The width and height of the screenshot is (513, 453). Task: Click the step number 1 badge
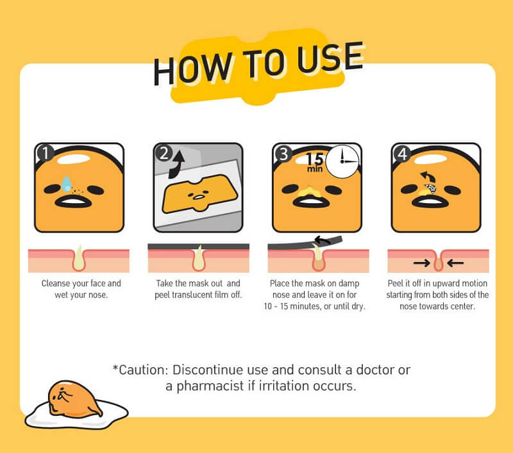pos(46,152)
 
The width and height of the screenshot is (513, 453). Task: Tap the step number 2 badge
pos(164,152)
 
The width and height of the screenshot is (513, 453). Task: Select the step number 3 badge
pos(283,154)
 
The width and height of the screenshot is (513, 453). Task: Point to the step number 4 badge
pos(403,154)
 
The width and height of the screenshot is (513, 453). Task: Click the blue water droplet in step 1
pos(67,183)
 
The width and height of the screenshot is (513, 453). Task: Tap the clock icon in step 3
pos(342,161)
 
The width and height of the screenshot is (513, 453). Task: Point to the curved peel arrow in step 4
pos(428,177)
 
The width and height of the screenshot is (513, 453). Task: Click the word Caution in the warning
pos(143,370)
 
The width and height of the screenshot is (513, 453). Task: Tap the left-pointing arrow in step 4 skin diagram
pos(455,263)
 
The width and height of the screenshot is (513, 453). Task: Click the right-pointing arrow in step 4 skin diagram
pos(422,263)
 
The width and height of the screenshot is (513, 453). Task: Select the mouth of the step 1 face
pos(73,201)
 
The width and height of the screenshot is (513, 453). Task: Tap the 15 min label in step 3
pos(315,163)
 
